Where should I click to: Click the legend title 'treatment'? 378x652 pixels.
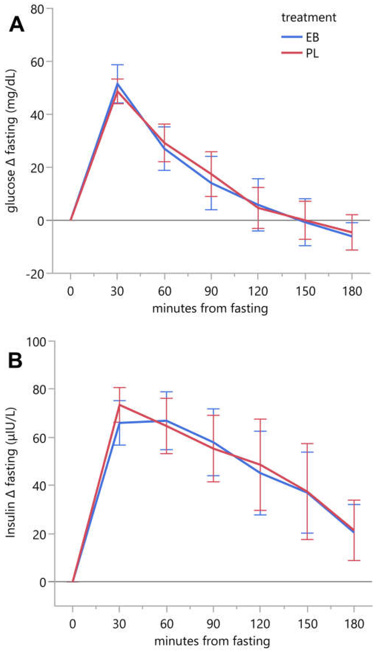309,18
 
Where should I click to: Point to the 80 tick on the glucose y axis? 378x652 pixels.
37,9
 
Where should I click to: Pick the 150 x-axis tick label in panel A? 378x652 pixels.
305,291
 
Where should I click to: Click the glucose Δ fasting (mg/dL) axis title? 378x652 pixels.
12,141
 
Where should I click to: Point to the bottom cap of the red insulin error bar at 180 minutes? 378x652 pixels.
354,561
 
